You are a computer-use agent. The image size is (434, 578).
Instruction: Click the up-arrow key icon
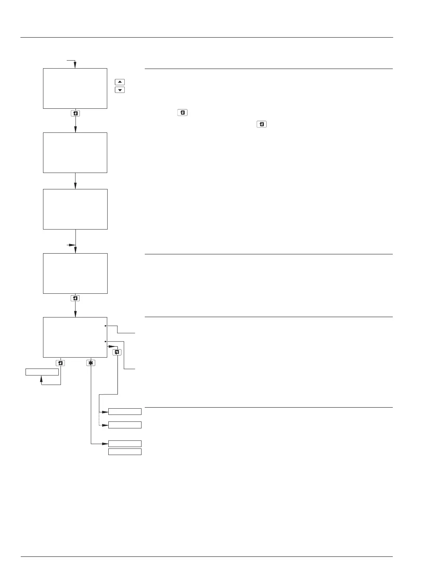pos(120,82)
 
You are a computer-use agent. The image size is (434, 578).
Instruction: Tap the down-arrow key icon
pos(120,90)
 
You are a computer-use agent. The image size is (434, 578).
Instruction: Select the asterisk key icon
pos(91,363)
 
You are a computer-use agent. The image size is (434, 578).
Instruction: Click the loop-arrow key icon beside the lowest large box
pos(117,352)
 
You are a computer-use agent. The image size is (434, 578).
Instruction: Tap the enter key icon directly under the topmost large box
pos(75,113)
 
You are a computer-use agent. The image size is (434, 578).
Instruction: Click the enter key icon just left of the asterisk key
pos(60,363)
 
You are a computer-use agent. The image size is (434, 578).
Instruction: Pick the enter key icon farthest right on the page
pos(261,124)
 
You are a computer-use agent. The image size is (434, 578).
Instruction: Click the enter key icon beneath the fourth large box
pos(75,298)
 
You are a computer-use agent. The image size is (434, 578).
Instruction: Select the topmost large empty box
pos(75,88)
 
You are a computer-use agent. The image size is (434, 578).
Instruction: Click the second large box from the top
pos(75,153)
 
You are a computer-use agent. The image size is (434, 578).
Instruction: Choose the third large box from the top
pos(75,209)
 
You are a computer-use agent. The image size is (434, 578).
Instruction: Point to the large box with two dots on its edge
pos(75,337)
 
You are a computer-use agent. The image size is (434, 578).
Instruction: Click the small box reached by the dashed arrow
pos(125,425)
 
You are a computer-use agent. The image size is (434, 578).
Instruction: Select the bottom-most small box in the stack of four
pos(125,452)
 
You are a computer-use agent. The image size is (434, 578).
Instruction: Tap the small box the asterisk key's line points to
pos(125,444)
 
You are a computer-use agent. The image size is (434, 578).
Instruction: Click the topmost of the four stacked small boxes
pos(125,412)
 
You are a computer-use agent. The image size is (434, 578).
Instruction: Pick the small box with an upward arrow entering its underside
pos(42,372)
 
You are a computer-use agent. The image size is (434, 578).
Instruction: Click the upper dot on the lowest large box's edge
pos(106,325)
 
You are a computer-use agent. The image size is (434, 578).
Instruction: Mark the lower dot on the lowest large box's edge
pos(106,342)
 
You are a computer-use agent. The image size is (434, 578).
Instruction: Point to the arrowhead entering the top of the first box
pos(75,65)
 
